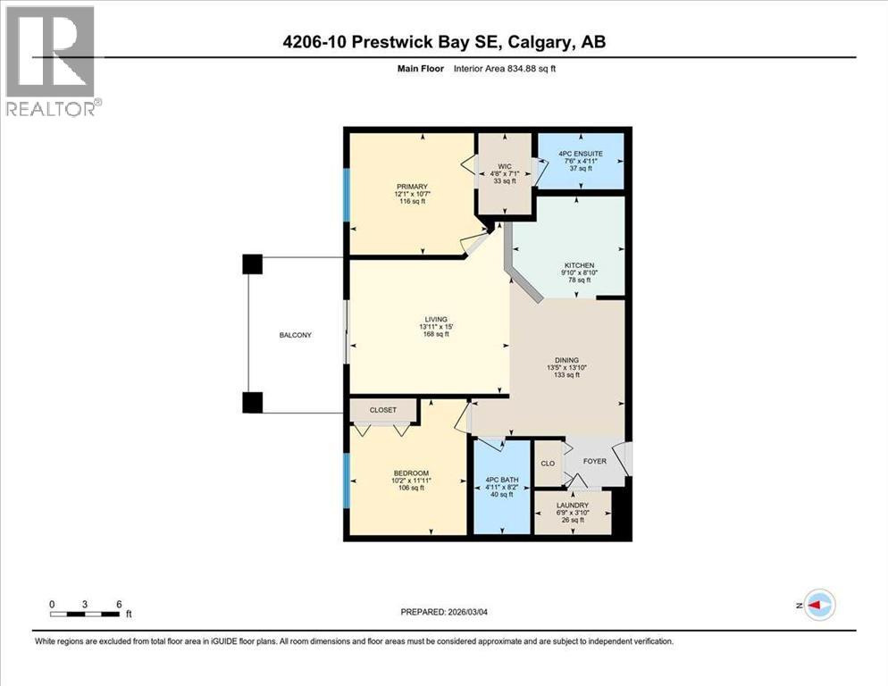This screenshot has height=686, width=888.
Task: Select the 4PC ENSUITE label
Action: coord(580,154)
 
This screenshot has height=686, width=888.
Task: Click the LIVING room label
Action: coord(436,320)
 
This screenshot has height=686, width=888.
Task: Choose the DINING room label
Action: coord(567,360)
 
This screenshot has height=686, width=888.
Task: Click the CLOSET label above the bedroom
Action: coord(383,410)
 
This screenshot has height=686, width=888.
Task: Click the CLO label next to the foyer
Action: coord(548,464)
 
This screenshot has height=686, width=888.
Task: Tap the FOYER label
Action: coord(594,462)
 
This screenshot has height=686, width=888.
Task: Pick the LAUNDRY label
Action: coord(572,505)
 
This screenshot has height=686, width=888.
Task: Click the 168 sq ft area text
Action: coord(436,335)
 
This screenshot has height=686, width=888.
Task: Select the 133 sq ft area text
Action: coord(567,375)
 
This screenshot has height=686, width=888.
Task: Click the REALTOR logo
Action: coord(51,60)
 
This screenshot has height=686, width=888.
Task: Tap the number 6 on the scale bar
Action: coord(118,604)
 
